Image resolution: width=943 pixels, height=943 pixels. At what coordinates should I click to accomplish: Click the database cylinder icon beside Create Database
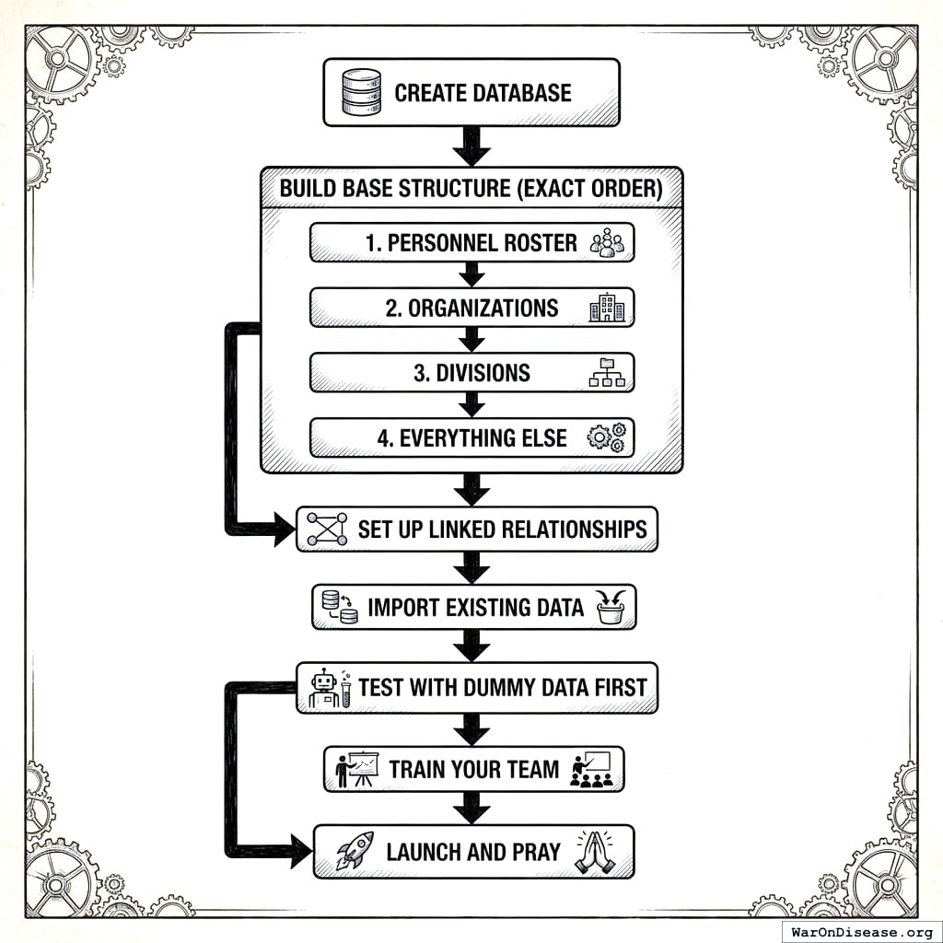click(x=360, y=93)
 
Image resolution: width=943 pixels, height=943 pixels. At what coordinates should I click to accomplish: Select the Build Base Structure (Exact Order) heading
click(x=471, y=189)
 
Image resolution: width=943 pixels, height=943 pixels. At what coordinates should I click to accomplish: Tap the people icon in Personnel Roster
click(x=607, y=243)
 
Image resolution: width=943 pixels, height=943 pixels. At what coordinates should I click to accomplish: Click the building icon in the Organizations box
click(x=607, y=309)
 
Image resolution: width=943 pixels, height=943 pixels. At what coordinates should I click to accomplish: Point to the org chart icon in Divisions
click(x=606, y=372)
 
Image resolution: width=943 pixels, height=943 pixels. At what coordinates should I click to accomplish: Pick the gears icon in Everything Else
click(x=606, y=437)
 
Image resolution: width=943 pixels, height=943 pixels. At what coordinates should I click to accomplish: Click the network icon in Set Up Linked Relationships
click(x=327, y=530)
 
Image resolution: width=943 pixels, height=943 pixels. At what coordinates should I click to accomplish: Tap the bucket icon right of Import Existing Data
click(x=611, y=607)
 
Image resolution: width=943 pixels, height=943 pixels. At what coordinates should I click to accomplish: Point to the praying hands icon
click(x=594, y=852)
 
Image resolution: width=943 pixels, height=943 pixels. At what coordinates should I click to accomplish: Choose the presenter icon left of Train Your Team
click(x=356, y=769)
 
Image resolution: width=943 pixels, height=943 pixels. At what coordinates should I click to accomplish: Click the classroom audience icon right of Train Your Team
click(x=591, y=769)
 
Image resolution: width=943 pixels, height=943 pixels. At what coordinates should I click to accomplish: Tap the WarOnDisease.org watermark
click(x=861, y=931)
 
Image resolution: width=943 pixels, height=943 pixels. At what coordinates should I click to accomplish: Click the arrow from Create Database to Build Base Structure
click(x=471, y=145)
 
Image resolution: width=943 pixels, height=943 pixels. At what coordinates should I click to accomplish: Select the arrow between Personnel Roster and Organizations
click(x=471, y=274)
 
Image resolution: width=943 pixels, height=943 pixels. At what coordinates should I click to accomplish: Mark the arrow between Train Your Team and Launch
click(x=471, y=808)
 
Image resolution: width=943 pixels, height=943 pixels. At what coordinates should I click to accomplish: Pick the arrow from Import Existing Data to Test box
click(x=471, y=645)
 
